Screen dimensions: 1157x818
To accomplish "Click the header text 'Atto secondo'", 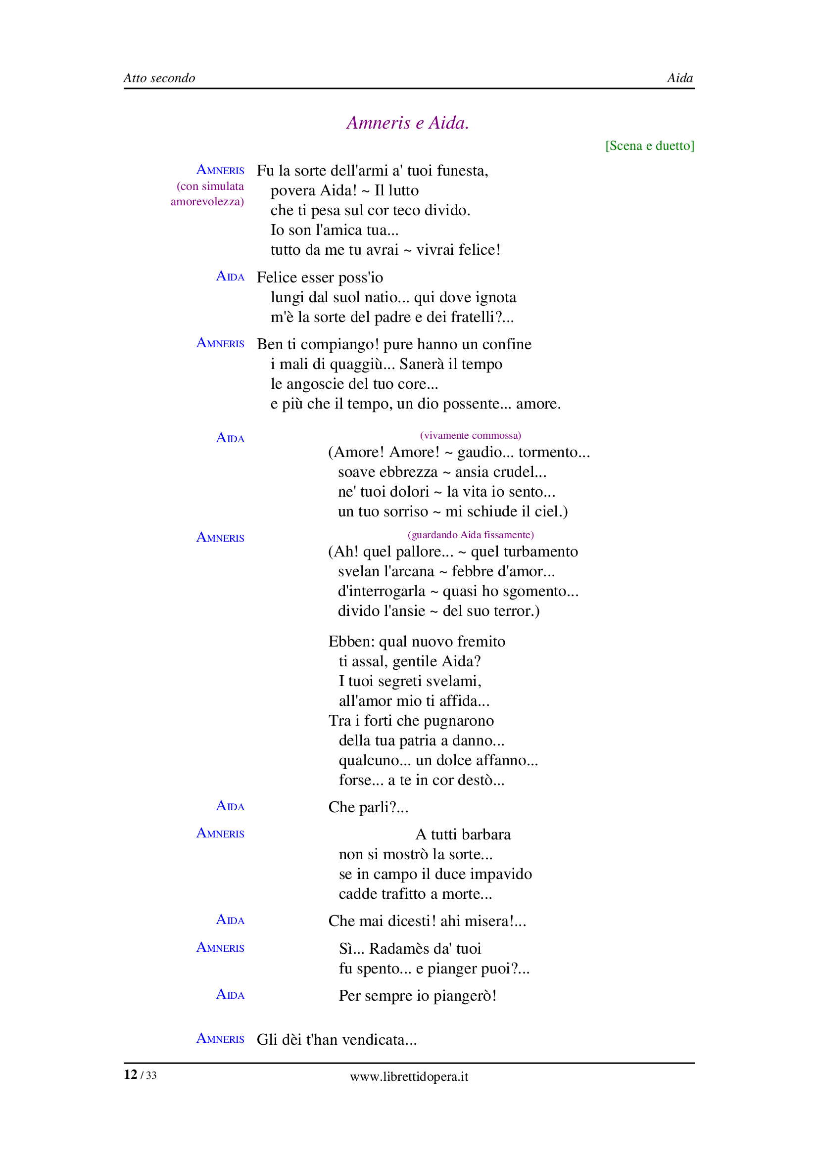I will coord(159,78).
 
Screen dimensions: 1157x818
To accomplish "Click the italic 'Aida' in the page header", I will coord(679,78).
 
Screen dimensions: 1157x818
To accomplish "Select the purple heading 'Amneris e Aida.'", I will coord(408,123).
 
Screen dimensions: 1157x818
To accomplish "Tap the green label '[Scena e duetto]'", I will coord(650,145).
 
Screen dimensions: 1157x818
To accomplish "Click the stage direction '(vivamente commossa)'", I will coord(470,435).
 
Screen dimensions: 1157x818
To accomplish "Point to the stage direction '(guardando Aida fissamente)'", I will coord(470,535).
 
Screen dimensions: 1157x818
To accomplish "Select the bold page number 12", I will coord(131,1075).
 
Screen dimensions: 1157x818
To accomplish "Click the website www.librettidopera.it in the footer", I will coord(409,1077).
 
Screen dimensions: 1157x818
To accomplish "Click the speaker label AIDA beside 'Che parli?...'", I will coord(230,806).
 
